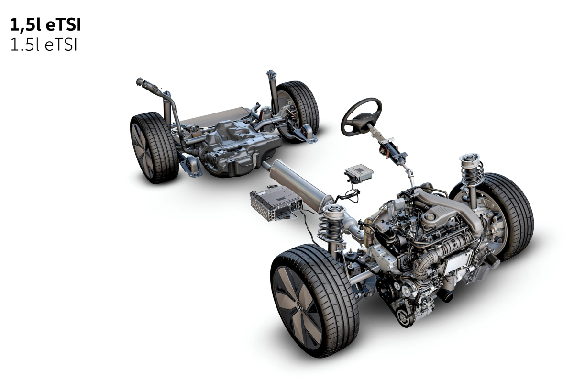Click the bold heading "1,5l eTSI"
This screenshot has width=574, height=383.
[x=45, y=25]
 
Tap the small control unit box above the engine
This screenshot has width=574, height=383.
[x=358, y=173]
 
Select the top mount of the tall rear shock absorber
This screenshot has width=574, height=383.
[x=272, y=75]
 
